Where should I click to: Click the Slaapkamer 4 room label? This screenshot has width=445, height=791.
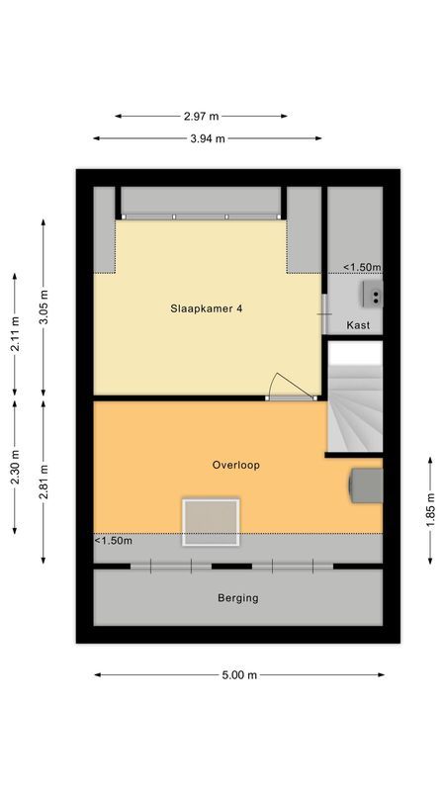206,308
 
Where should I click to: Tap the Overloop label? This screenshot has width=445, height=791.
236,465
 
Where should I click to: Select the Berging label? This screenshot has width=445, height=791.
238,598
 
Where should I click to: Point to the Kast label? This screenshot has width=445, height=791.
357,325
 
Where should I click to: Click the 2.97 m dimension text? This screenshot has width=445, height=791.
202,116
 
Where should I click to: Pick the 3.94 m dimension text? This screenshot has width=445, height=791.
208,138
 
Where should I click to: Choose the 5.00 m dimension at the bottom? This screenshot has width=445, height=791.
238,675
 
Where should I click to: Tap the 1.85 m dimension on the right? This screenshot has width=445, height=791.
429,510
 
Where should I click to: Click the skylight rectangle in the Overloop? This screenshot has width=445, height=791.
211,522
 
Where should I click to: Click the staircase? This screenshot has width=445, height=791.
354,399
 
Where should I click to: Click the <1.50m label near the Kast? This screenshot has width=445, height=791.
362,267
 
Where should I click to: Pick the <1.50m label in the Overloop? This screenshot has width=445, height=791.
114,541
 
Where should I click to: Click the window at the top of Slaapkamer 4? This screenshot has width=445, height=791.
201,216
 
